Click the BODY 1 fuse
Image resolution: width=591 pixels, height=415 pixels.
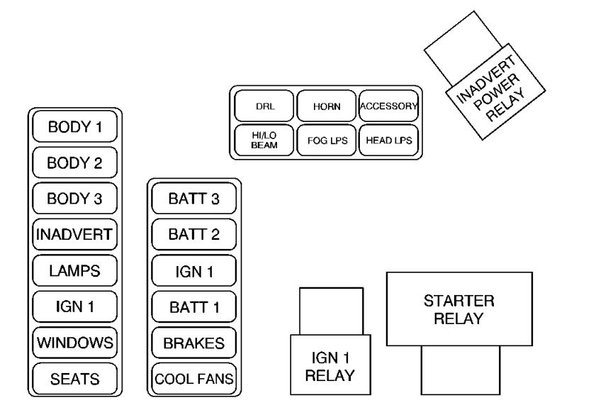[74, 128]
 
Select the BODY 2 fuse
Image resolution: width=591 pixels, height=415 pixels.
[74, 163]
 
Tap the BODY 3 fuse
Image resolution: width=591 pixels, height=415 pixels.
[74, 199]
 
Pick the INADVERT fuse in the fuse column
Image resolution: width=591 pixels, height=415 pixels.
[74, 235]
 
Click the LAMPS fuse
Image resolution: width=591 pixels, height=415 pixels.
[74, 271]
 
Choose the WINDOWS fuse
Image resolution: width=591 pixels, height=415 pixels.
[74, 343]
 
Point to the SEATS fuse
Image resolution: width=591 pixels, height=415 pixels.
[74, 379]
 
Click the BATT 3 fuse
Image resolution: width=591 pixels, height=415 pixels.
[193, 199]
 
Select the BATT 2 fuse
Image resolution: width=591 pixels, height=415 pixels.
[193, 235]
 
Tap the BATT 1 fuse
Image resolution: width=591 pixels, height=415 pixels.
[193, 307]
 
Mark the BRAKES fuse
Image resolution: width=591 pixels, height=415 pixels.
[193, 343]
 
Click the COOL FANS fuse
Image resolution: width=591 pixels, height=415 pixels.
[193, 379]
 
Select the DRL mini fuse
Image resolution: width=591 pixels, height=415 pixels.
[264, 106]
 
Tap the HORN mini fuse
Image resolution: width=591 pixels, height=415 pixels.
[327, 106]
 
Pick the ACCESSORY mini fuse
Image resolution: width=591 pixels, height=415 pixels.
[388, 106]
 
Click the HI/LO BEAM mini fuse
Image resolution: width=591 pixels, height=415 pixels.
[264, 140]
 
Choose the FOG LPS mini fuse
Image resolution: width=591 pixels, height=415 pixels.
[327, 140]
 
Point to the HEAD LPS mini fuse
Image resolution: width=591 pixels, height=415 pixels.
[388, 140]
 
